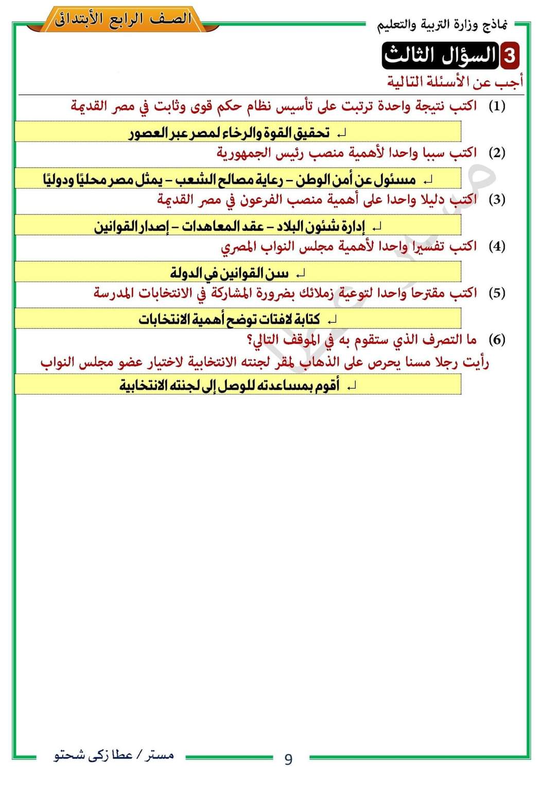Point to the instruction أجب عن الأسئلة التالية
click(x=455, y=82)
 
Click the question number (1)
click(x=497, y=106)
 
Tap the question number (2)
click(x=497, y=152)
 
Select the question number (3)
click(x=497, y=199)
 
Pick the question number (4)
click(x=497, y=246)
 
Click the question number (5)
click(x=497, y=293)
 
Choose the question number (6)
click(x=497, y=339)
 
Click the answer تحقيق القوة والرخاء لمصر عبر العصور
click(x=229, y=133)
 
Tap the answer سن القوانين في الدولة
click(x=229, y=272)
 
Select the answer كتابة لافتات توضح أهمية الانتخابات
click(x=229, y=319)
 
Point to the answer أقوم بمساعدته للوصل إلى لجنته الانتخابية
click(x=229, y=385)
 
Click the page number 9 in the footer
click(x=288, y=759)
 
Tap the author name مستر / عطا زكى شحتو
click(x=114, y=756)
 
